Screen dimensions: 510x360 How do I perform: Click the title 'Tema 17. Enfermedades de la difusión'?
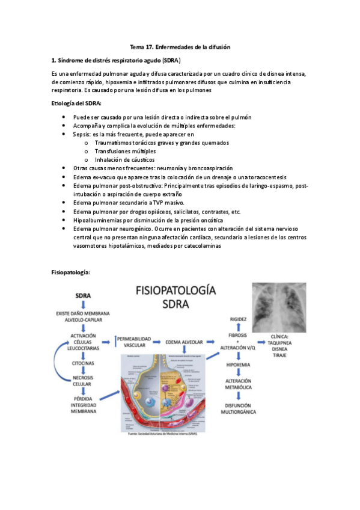pos(181,47)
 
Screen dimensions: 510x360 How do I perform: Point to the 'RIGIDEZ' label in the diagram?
pos(234,318)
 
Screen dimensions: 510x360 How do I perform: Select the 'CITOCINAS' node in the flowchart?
pos(84,364)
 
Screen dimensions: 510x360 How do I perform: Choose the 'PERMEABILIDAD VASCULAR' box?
pos(133,342)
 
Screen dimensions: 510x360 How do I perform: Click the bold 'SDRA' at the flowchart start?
pos(84,296)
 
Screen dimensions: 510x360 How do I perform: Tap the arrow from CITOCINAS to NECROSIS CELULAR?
pos(84,373)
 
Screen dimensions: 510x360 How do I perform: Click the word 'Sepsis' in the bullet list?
pos(82,135)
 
